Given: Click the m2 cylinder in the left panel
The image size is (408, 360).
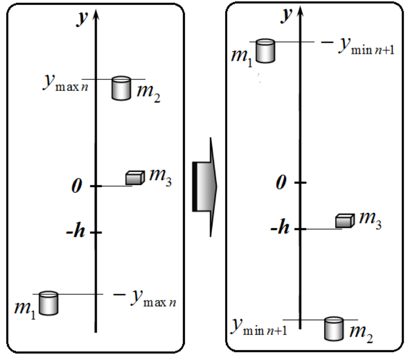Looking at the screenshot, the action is click(121, 88).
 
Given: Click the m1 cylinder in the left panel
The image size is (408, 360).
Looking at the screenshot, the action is click(49, 303).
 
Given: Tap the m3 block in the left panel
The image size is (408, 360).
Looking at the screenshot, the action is click(135, 177).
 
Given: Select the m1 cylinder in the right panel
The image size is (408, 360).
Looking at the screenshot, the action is click(265, 51).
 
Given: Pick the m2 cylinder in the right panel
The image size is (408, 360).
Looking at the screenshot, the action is click(334, 329).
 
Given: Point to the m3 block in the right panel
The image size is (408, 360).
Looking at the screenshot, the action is click(345, 221).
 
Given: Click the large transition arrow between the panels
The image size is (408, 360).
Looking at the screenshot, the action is click(205, 187).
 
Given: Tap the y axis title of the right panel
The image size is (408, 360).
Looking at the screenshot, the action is click(286, 15).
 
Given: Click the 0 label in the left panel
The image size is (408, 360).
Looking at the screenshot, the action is click(77, 186).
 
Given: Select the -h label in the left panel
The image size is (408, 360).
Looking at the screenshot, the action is click(75, 230).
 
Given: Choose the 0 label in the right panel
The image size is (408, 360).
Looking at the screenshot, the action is click(281, 182).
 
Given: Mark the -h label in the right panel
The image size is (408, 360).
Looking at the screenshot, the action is click(280, 226).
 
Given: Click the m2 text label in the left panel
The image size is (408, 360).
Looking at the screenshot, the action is click(149, 93).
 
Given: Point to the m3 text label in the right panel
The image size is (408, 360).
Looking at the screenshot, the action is click(370, 220).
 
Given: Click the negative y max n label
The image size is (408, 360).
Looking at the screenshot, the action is click(145, 299).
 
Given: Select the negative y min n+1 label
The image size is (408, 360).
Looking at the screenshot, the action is click(358, 46).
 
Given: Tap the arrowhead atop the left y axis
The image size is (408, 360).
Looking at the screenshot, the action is click(96, 15).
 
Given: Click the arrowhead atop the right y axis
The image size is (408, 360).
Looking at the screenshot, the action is click(300, 11).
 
